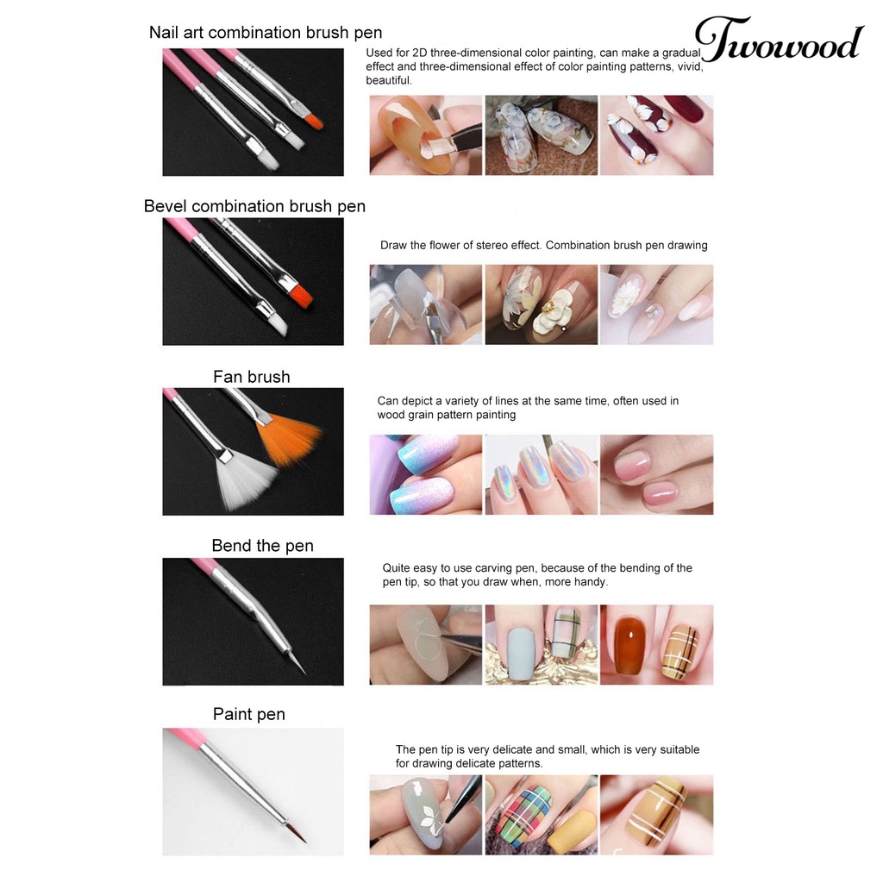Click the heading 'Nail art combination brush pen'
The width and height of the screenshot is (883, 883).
tap(266, 34)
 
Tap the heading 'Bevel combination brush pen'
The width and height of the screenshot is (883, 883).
tap(254, 207)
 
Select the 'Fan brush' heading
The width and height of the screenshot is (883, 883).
tap(252, 377)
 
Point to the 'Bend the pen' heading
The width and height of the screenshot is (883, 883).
tap(262, 546)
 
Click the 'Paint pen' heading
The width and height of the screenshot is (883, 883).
tap(248, 714)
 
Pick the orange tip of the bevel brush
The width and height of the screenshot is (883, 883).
tap(298, 294)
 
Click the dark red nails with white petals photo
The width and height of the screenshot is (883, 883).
tap(656, 135)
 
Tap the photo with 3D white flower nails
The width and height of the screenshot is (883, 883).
tap(541, 304)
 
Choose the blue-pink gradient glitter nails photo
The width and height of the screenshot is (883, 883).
tap(425, 474)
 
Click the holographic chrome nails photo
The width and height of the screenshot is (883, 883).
tap(541, 474)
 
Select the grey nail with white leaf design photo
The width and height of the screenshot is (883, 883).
tap(425, 814)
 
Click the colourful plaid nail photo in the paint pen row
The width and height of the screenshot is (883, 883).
tap(541, 814)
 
